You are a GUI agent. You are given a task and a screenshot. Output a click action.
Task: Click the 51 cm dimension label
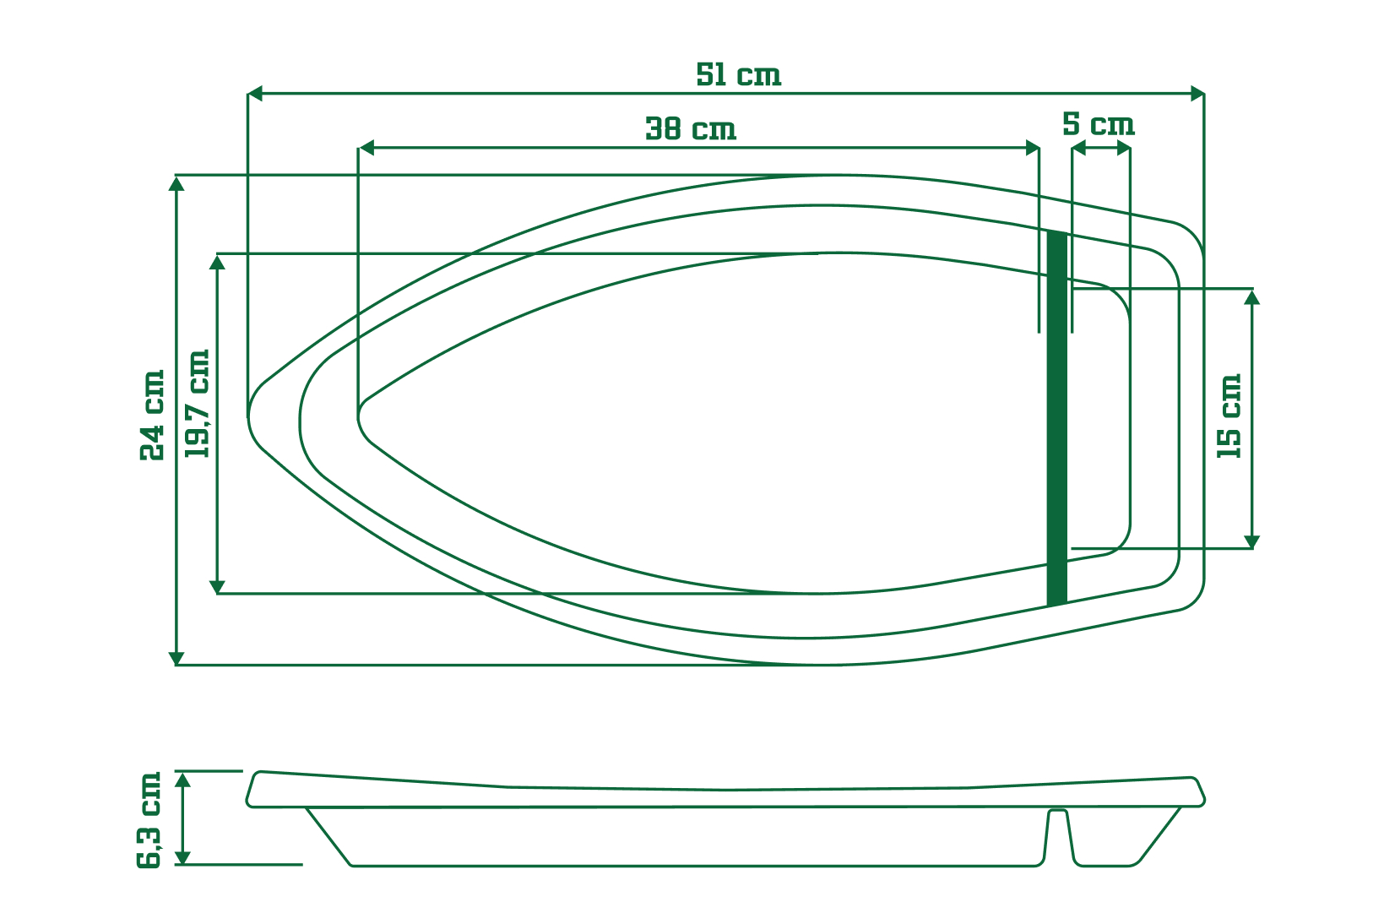pos(738,75)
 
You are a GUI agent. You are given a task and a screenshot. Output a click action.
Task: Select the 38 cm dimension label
pos(691,129)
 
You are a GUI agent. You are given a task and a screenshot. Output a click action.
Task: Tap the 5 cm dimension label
pos(1099,124)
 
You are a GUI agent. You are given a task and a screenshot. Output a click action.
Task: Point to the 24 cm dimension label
pos(153,416)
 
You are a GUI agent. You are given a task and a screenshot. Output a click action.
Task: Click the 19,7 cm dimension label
pos(198,404)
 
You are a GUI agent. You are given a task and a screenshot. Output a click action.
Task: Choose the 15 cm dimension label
pos(1229,416)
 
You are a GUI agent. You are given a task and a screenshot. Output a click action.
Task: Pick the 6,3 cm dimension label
pos(149,820)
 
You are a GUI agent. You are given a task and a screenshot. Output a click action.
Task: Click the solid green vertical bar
pos(1057,418)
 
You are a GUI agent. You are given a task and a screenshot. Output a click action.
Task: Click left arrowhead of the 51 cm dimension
pos(254,93)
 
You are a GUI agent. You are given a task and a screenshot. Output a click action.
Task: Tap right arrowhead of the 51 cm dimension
pos(1197,93)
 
